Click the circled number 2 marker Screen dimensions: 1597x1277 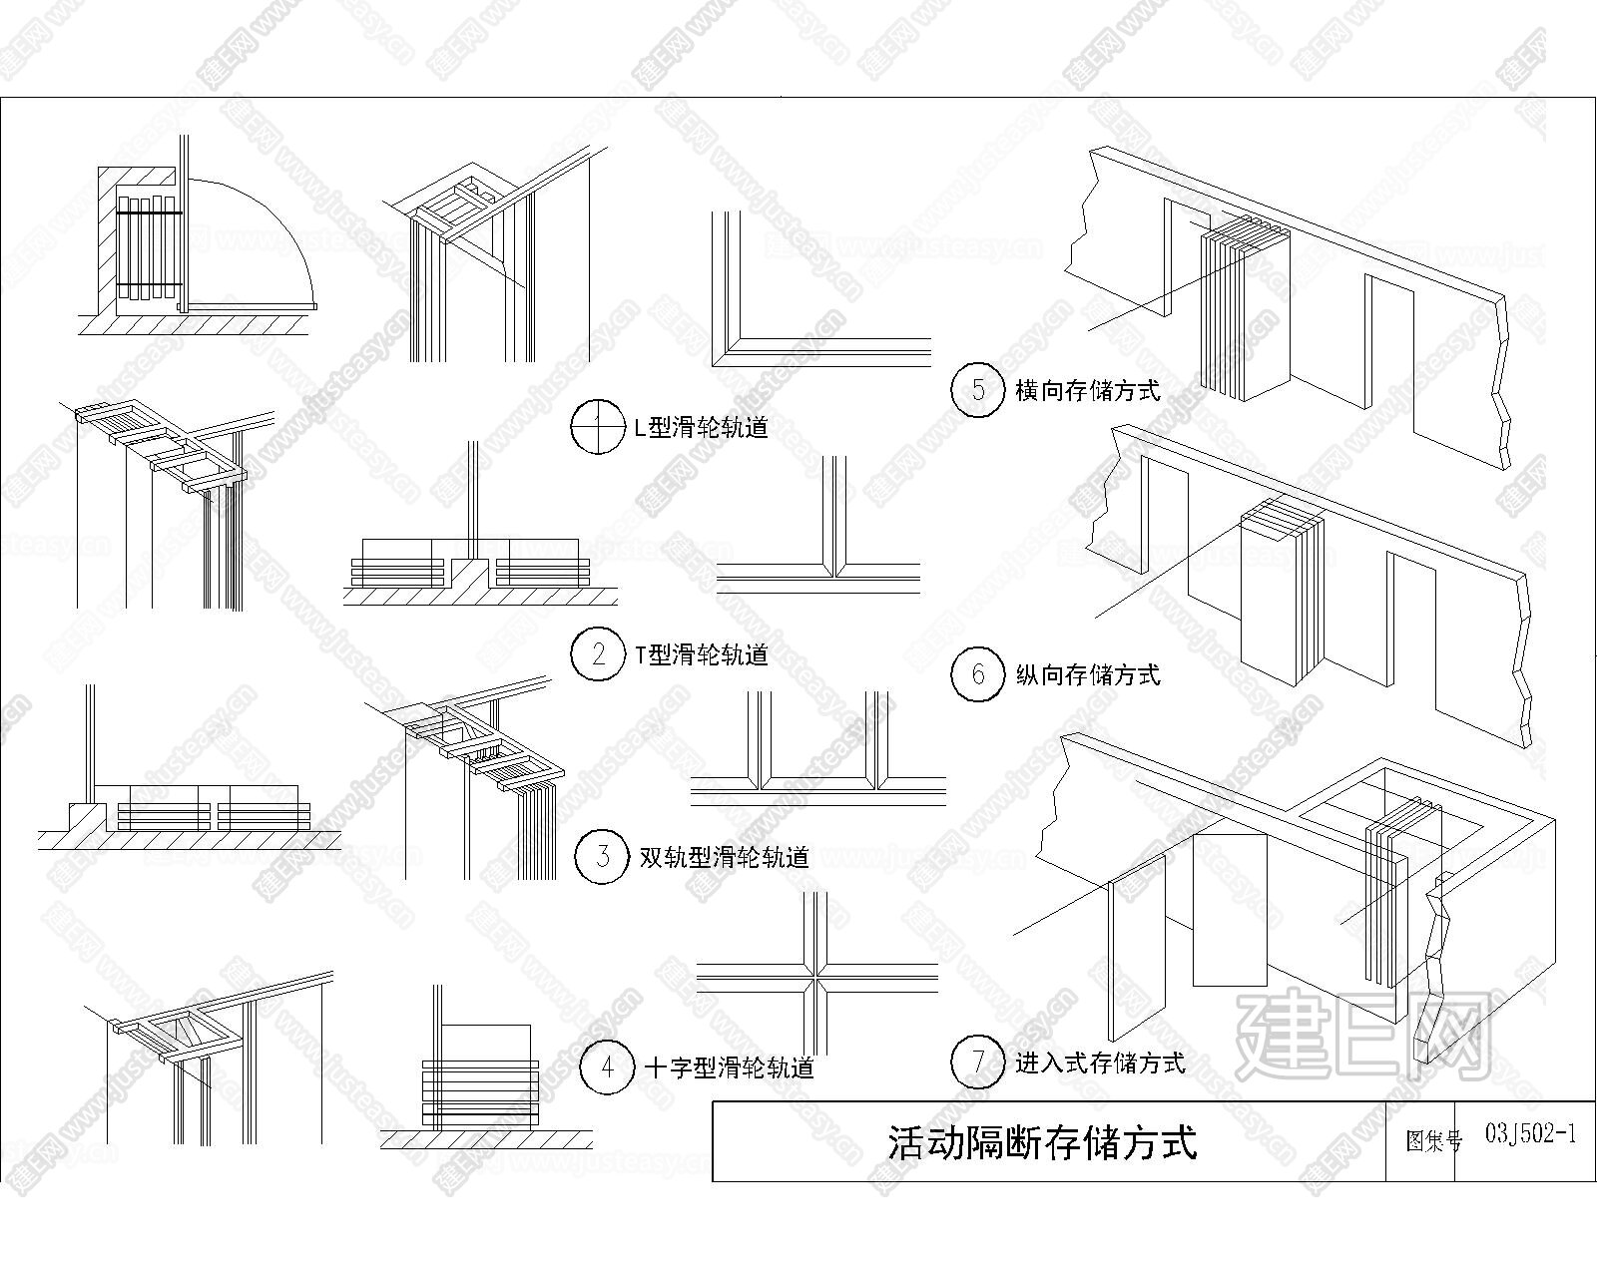(598, 653)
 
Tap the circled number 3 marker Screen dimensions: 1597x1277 (603, 856)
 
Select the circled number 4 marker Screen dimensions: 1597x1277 (607, 1067)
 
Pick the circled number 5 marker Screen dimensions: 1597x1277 (978, 389)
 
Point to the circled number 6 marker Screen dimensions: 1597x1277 (978, 673)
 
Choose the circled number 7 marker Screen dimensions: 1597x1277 (978, 1063)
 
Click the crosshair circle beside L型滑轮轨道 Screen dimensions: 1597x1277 (598, 427)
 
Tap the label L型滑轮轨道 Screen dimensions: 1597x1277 (701, 427)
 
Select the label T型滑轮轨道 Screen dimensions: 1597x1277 (701, 654)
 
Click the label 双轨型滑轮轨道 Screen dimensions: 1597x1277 (725, 857)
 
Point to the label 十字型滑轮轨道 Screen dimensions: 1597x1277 (730, 1067)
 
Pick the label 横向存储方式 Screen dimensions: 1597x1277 (1087, 390)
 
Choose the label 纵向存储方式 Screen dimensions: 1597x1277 (1087, 674)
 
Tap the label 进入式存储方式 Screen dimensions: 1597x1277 (1100, 1064)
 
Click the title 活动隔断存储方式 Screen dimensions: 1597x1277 (1042, 1142)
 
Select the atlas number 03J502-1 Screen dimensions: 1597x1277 (1530, 1134)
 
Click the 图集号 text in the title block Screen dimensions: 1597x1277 (1433, 1140)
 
